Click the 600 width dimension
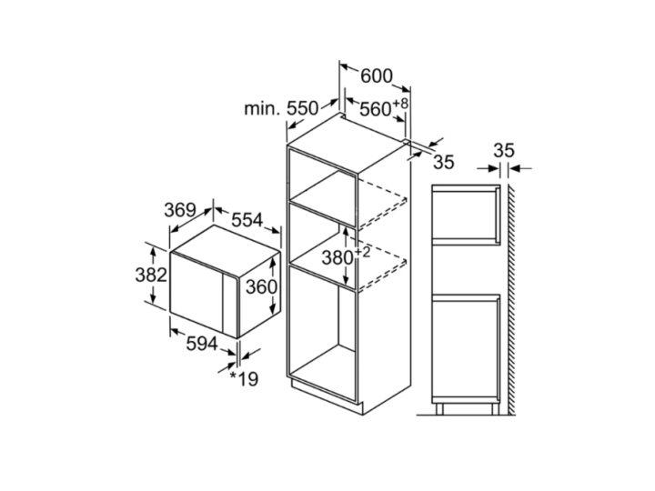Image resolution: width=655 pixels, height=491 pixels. tap(377, 76)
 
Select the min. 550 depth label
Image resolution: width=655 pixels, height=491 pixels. tap(281, 108)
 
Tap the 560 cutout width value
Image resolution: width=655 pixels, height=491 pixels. tap(375, 109)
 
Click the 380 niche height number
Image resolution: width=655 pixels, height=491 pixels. tap(338, 257)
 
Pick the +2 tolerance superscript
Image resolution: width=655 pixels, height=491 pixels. tap(362, 252)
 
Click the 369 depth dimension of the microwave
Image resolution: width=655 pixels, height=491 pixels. tap(180, 210)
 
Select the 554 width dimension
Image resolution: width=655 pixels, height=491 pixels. tap(247, 220)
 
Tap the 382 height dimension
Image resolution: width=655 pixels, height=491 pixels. tap(151, 275)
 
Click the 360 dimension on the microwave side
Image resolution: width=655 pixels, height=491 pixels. tap(261, 286)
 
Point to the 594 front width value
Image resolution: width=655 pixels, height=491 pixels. tap(202, 344)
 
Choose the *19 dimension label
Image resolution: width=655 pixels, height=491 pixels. tap(245, 379)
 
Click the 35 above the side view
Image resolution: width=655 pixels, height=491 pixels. tap(504, 150)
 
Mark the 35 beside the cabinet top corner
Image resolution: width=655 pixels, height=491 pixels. tap(443, 162)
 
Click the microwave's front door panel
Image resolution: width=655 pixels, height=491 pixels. tap(196, 294)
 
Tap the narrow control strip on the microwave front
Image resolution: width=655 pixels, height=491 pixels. tap(230, 306)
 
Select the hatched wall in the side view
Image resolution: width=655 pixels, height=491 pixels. tap(511, 300)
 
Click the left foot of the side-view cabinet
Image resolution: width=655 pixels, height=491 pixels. tap(439, 409)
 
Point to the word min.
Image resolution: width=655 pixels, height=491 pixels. tap(261, 109)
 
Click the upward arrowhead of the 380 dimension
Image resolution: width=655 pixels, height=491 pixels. tap(346, 230)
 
